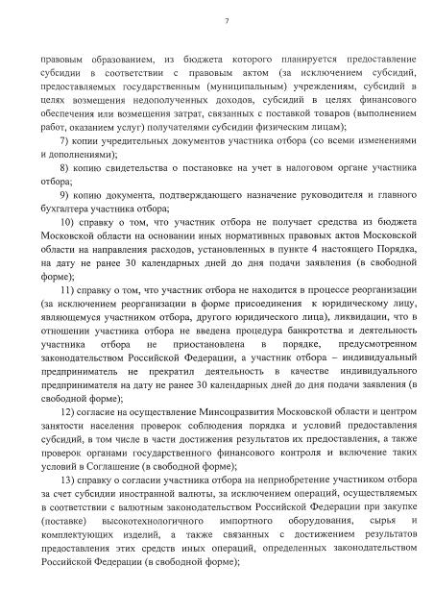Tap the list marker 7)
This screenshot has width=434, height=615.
(64, 141)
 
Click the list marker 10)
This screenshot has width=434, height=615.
(67, 221)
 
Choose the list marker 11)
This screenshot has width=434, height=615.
(67, 287)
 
